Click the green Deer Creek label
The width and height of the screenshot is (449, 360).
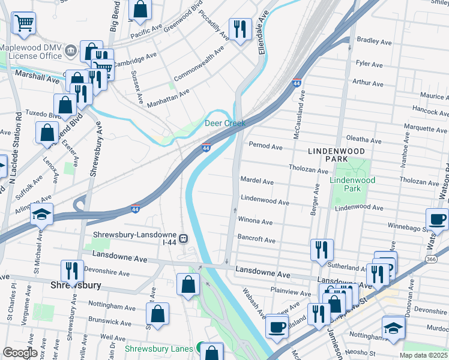225,123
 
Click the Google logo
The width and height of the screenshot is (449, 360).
20,352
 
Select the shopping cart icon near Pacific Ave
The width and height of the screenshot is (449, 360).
23,23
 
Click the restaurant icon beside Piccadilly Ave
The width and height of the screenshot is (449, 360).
240,29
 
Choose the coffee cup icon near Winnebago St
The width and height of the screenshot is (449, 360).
437,219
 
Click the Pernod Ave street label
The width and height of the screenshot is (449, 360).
265,146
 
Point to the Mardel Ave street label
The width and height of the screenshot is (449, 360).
257,181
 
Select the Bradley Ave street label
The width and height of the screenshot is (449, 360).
374,41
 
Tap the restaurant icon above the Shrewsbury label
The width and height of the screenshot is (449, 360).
71,271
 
